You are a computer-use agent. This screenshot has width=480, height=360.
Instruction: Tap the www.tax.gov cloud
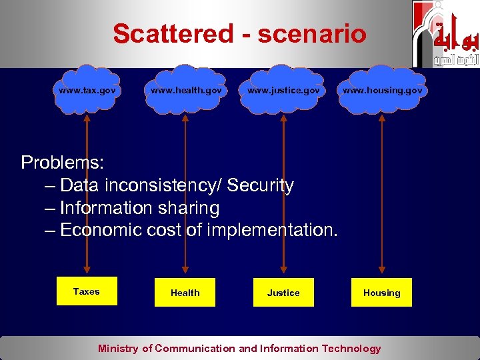tap(86, 89)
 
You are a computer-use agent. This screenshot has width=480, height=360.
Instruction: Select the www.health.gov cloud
tap(186, 89)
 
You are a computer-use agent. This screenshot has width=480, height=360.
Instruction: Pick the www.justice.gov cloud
tap(283, 89)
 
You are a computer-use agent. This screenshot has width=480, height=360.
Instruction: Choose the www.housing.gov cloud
tap(382, 89)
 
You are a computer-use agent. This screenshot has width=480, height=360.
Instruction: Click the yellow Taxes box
tap(86, 291)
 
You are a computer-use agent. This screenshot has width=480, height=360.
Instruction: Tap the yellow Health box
tap(185, 293)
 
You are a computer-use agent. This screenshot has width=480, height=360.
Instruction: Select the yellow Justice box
tap(283, 293)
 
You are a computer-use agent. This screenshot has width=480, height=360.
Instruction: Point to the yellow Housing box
tap(381, 293)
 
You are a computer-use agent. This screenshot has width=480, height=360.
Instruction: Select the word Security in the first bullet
tap(261, 185)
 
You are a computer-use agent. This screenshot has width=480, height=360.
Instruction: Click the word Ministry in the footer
tap(118, 348)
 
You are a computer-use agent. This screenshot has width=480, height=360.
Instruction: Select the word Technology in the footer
tap(351, 348)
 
